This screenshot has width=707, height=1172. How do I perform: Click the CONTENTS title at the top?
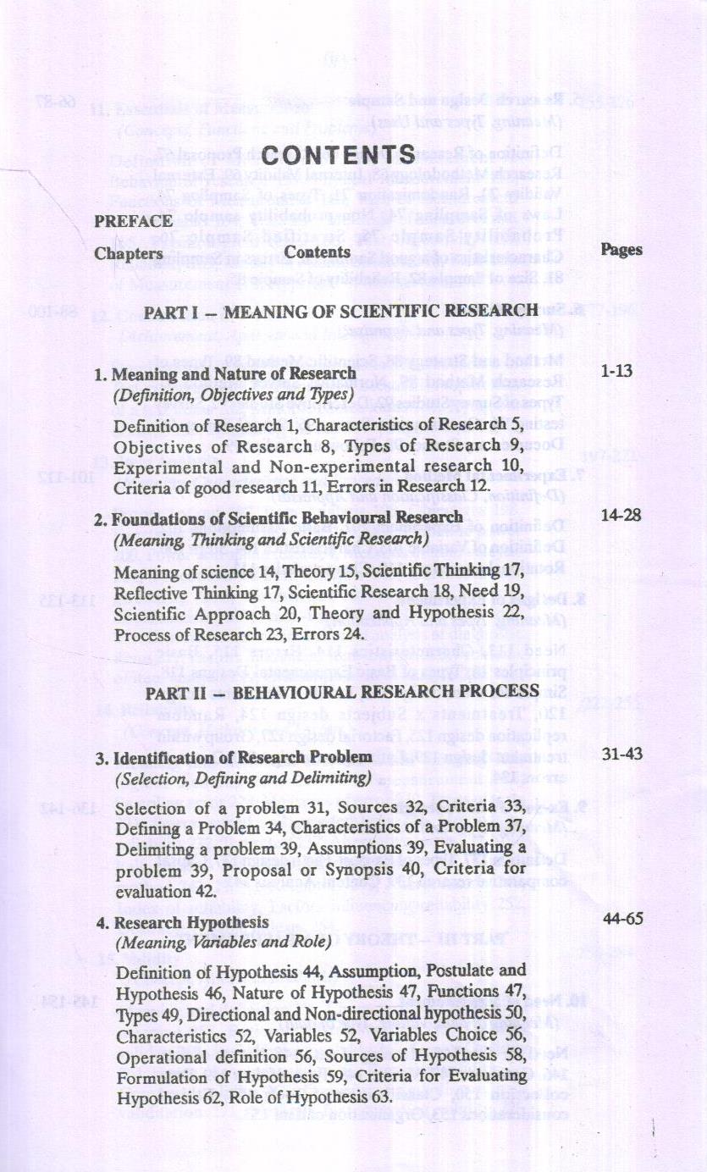pyautogui.click(x=339, y=156)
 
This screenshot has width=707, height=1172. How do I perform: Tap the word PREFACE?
pyautogui.click(x=133, y=221)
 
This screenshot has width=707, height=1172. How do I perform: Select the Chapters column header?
pyautogui.click(x=129, y=252)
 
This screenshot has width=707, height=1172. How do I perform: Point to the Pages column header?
pyautogui.click(x=621, y=250)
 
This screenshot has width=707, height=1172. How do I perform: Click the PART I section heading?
pyautogui.click(x=340, y=311)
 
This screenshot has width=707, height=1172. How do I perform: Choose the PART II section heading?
pyautogui.click(x=342, y=692)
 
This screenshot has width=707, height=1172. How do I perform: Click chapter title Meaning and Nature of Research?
pyautogui.click(x=226, y=373)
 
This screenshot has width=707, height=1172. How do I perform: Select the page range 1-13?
pyautogui.click(x=616, y=372)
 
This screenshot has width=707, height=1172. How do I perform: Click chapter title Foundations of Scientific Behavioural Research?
pyautogui.click(x=279, y=517)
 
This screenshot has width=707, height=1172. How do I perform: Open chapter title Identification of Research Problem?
pyautogui.click(x=234, y=756)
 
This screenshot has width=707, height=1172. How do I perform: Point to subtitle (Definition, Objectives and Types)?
pyautogui.click(x=233, y=394)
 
